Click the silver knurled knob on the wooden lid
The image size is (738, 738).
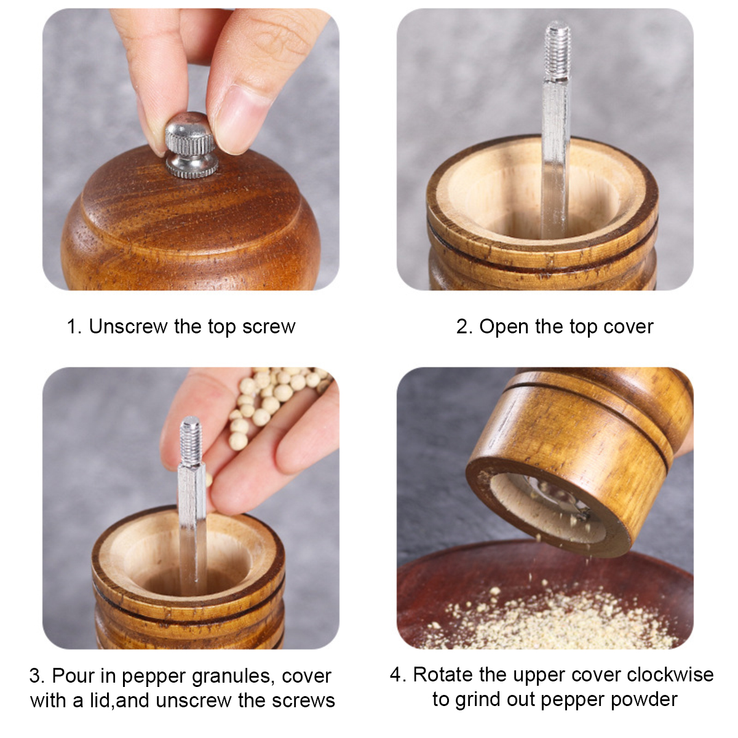(x=191, y=146)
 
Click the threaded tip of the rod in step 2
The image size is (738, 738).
(x=558, y=51)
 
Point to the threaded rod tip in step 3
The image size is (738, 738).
(x=191, y=441)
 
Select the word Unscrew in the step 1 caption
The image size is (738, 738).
(x=129, y=327)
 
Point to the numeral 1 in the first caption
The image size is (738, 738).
(x=71, y=327)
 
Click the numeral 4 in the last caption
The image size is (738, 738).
(x=395, y=675)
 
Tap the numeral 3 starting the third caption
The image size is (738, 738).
(x=35, y=676)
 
